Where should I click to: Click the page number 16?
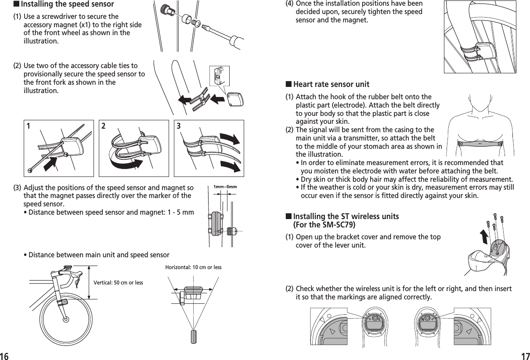[x=5, y=355]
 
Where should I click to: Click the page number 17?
[x=525, y=355]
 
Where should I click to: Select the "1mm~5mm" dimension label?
[x=225, y=187]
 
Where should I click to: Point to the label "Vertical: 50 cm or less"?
[x=118, y=282]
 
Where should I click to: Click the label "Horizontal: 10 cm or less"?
[x=193, y=267]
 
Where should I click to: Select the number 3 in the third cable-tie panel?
[x=179, y=126]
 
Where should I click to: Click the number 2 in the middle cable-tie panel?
[x=104, y=126]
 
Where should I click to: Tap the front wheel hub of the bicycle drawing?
[x=66, y=319]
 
